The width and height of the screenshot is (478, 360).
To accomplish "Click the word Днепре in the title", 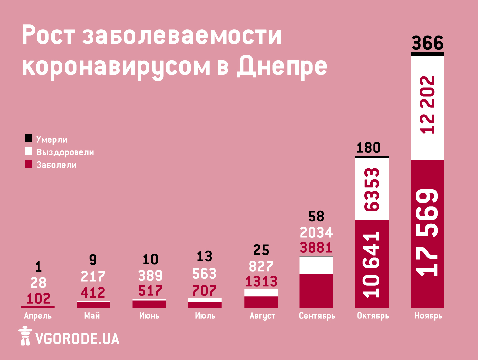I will [282, 66].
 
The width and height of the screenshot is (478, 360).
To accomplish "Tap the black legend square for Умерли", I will [28, 138].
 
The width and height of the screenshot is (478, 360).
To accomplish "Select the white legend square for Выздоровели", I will [28, 151].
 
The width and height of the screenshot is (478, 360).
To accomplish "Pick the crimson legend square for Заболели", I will [28, 164].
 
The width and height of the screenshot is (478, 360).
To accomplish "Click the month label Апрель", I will [38, 316].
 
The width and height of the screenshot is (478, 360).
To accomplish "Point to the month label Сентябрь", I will [317, 316].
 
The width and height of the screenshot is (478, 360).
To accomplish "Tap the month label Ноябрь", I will [428, 316].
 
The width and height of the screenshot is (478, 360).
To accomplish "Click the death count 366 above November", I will [427, 43].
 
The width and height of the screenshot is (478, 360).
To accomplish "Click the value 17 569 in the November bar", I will [428, 233].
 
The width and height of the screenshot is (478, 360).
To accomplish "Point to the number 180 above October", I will [368, 148].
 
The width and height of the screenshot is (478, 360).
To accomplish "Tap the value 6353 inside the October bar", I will [372, 189].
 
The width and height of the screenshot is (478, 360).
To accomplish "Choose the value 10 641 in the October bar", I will [372, 264].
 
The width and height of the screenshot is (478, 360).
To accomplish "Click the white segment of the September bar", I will [316, 265].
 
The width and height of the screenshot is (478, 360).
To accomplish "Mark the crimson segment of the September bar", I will [316, 291].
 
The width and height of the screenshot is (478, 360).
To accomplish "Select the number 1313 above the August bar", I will [261, 282].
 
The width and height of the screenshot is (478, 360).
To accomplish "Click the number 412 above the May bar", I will [93, 293].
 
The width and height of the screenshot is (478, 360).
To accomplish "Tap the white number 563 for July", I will [204, 274].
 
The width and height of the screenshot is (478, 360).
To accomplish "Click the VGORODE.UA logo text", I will [77, 339].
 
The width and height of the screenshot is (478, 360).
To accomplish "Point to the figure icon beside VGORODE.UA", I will [25, 336].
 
